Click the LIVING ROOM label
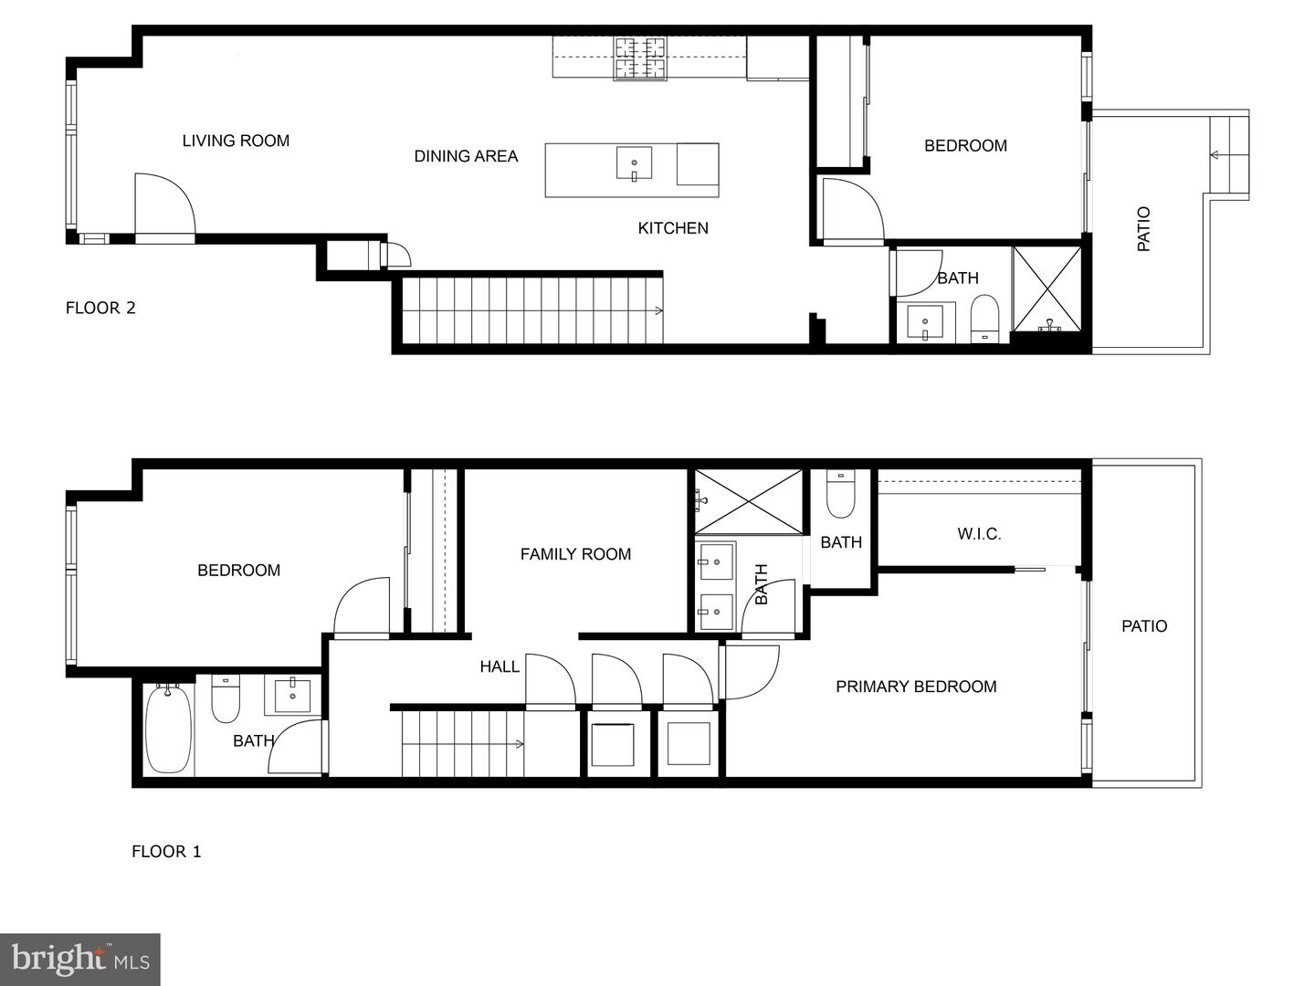tap(236, 141)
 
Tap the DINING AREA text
tap(466, 156)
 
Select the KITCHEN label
tap(673, 228)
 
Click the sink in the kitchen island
tap(634, 163)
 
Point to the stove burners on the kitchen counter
tap(640, 58)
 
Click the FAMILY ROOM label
tap(575, 554)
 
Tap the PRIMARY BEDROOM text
tap(916, 687)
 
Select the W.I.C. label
tap(979, 534)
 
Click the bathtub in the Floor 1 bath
tap(168, 728)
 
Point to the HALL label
tap(500, 666)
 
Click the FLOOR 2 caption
tap(100, 308)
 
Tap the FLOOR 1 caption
tap(166, 852)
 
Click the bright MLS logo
tap(80, 959)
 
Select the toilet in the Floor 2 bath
tap(984, 317)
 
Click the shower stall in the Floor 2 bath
tap(1047, 288)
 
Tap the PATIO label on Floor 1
tap(1144, 626)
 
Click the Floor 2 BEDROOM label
tap(965, 145)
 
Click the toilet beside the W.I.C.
tap(839, 495)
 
